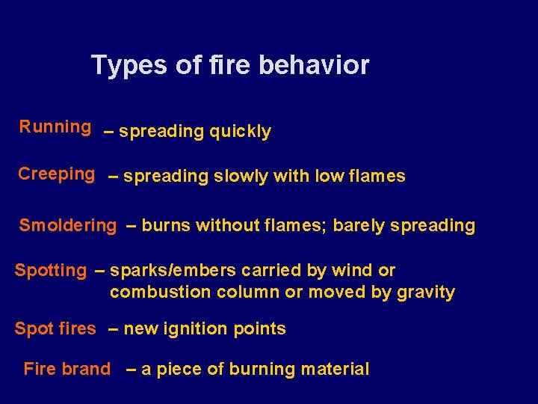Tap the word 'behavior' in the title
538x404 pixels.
coord(314,65)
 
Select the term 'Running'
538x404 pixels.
coord(55,127)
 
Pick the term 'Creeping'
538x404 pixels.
coord(56,174)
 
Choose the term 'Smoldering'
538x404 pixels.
coord(68,225)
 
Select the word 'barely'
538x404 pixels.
coord(359,225)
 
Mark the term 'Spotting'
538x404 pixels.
coord(51,270)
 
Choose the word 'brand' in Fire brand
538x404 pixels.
coord(87,369)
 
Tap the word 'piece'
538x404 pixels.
coord(176,370)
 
